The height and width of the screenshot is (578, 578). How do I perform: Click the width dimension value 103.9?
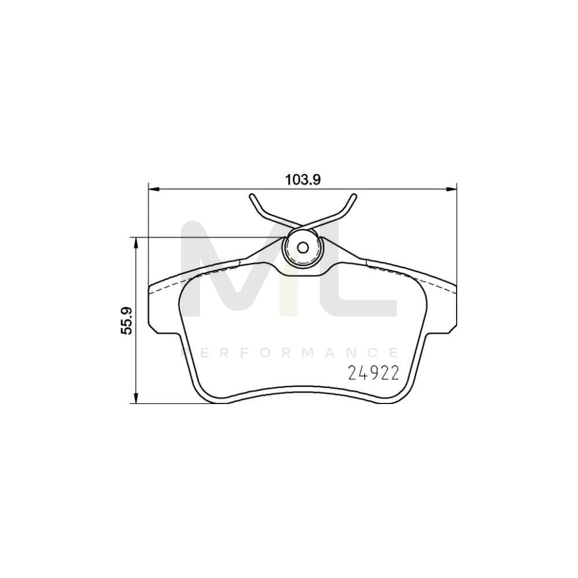click(303, 179)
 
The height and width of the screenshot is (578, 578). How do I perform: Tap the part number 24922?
click(373, 373)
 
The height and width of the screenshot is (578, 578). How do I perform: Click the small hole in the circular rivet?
click(302, 247)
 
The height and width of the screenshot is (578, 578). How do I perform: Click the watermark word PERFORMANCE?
click(290, 352)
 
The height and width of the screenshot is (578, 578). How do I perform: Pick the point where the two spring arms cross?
click(302, 226)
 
